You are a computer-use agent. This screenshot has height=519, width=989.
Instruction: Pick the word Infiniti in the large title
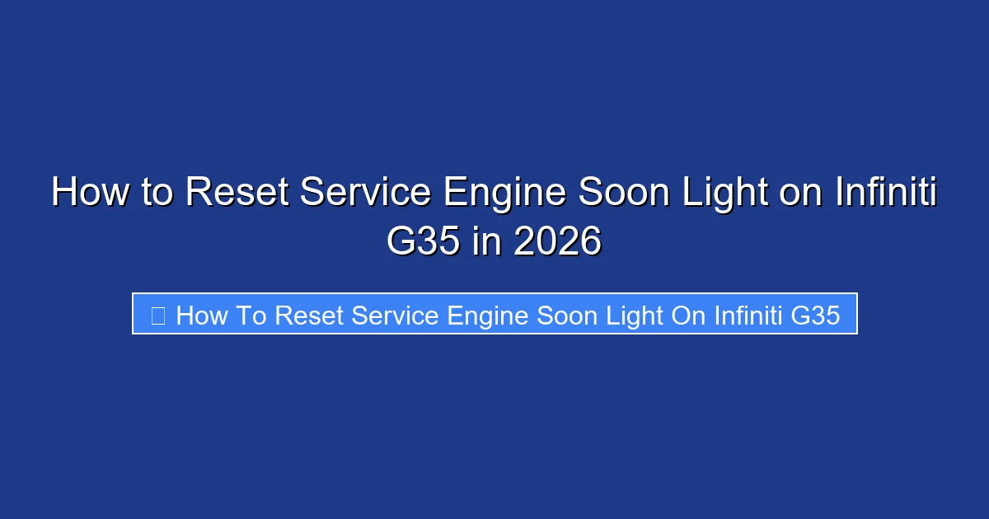[x=886, y=193]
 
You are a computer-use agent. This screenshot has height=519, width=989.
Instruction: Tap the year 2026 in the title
[x=558, y=241]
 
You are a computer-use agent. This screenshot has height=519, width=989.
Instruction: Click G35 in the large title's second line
[x=423, y=241]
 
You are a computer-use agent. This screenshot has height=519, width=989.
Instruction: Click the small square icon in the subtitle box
[x=158, y=314]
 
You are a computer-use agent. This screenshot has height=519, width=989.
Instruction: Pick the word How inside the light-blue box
[x=198, y=315]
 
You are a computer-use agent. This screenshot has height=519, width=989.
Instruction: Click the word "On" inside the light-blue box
[x=688, y=315]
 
